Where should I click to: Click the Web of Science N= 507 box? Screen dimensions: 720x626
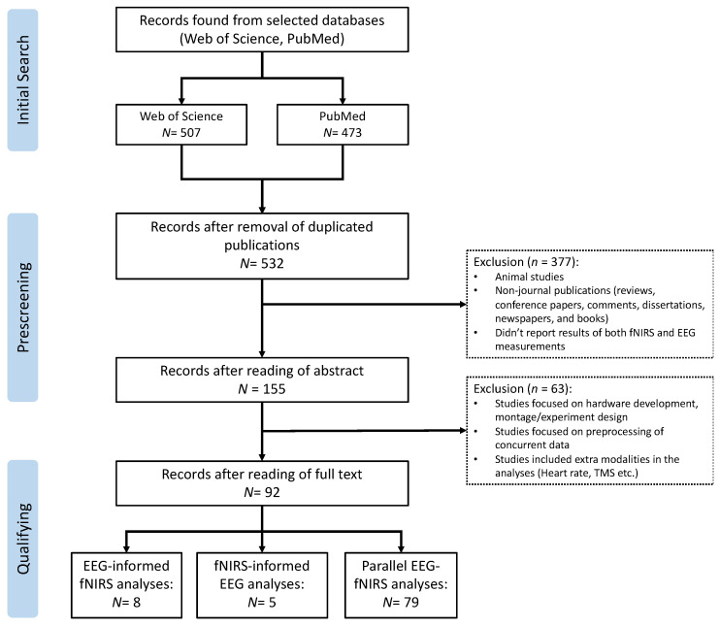181,124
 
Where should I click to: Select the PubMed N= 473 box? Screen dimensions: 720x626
343,124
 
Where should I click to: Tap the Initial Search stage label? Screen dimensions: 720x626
22,80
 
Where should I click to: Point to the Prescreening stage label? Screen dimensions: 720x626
22,308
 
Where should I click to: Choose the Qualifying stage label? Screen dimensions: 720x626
22,539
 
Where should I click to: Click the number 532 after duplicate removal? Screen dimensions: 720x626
273,264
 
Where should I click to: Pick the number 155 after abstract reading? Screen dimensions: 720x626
274,389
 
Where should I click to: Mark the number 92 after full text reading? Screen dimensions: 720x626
272,492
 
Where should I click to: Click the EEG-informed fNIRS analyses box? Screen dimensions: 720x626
126,585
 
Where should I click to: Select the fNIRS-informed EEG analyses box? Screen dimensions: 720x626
262,585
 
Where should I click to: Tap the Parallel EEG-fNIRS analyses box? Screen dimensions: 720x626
401,585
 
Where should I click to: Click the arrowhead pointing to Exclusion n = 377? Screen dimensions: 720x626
463,304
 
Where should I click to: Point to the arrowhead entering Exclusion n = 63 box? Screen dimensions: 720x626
463,430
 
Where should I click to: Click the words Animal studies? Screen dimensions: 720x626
529,277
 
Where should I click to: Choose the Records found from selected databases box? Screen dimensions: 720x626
262,29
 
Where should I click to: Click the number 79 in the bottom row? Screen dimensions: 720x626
411,602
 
